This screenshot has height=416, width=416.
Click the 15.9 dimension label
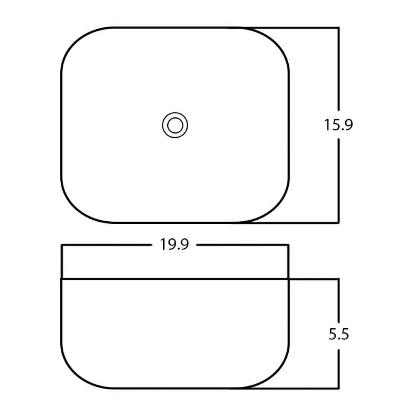pyautogui.click(x=339, y=125)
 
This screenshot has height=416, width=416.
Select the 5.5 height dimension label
pyautogui.click(x=339, y=334)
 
